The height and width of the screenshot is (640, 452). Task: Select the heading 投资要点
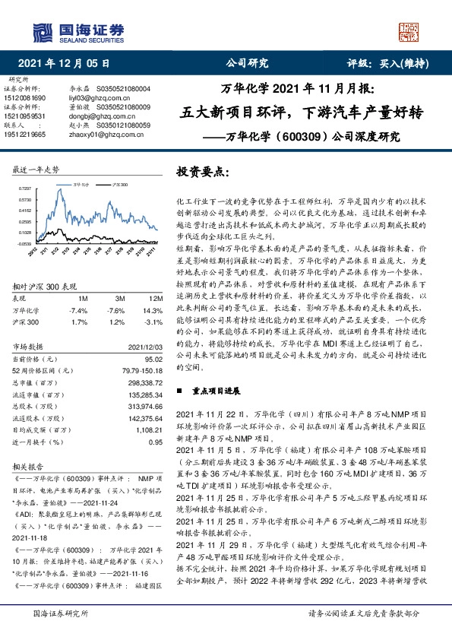(202, 171)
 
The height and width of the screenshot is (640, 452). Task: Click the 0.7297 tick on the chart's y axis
(24, 188)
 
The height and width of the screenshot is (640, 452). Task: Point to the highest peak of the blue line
(58, 190)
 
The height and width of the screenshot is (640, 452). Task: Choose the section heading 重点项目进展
(217, 391)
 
